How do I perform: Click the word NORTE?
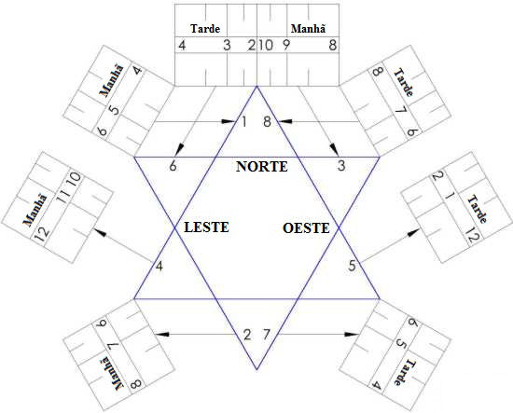262,167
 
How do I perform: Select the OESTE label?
306,227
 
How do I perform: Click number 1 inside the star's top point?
244,122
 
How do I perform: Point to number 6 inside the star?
173,166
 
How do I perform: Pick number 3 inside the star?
341,166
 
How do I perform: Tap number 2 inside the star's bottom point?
247,335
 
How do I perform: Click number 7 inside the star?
267,335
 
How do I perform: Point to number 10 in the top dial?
264,45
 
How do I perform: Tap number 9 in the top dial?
286,45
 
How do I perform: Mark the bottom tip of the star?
256,368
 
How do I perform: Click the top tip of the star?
256,85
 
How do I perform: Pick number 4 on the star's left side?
159,268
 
